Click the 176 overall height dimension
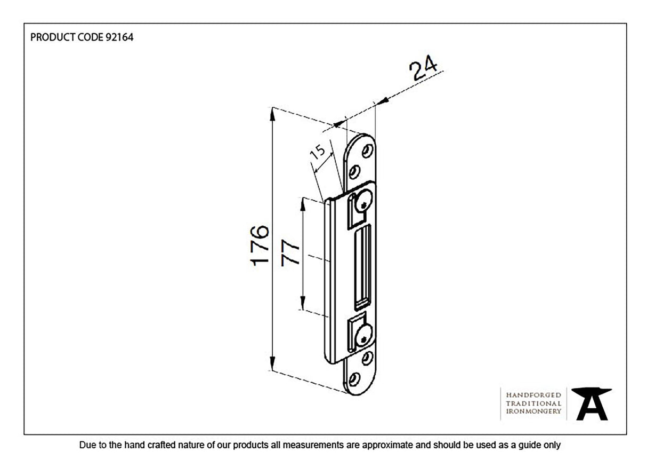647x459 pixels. pos(259,245)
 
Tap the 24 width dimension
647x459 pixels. pos(423,69)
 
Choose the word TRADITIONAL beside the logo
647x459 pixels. pos(533,403)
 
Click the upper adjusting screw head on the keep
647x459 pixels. pos(364,203)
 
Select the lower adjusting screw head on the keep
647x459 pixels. pos(363,337)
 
